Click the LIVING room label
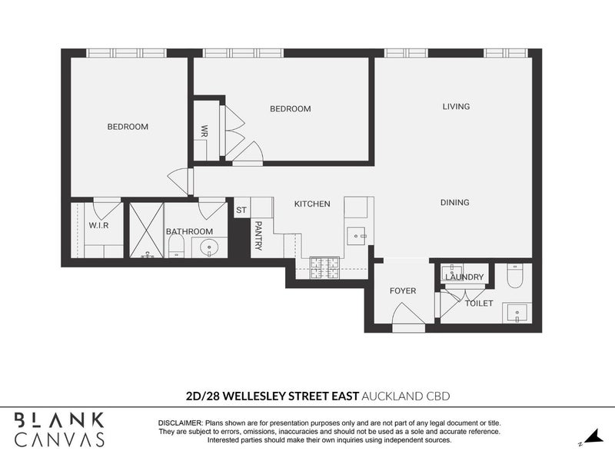click(456, 107)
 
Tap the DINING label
click(454, 203)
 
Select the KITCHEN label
click(312, 204)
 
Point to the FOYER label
click(402, 291)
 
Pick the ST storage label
click(241, 210)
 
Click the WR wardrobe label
click(204, 131)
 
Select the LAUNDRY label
click(464, 277)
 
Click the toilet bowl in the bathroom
click(175, 247)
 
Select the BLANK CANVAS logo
click(59, 429)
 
